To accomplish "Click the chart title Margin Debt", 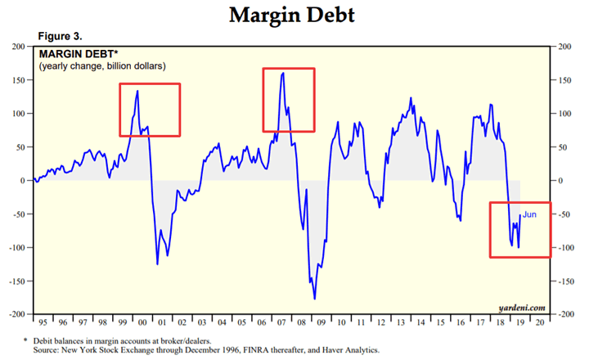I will tap(294, 15).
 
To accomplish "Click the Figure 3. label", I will tap(61, 36).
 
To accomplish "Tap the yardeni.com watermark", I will tap(521, 308).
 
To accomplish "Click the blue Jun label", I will tap(530, 214).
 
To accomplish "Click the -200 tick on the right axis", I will tap(564, 314).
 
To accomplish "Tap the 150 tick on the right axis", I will tap(564, 80).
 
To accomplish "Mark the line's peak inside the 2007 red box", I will tap(283, 73).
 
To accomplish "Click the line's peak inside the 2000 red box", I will tap(137, 91).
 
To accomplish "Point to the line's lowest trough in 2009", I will tap(315, 299).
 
